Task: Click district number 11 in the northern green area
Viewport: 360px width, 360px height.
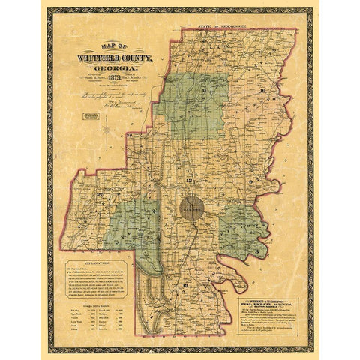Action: tap(204, 90)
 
